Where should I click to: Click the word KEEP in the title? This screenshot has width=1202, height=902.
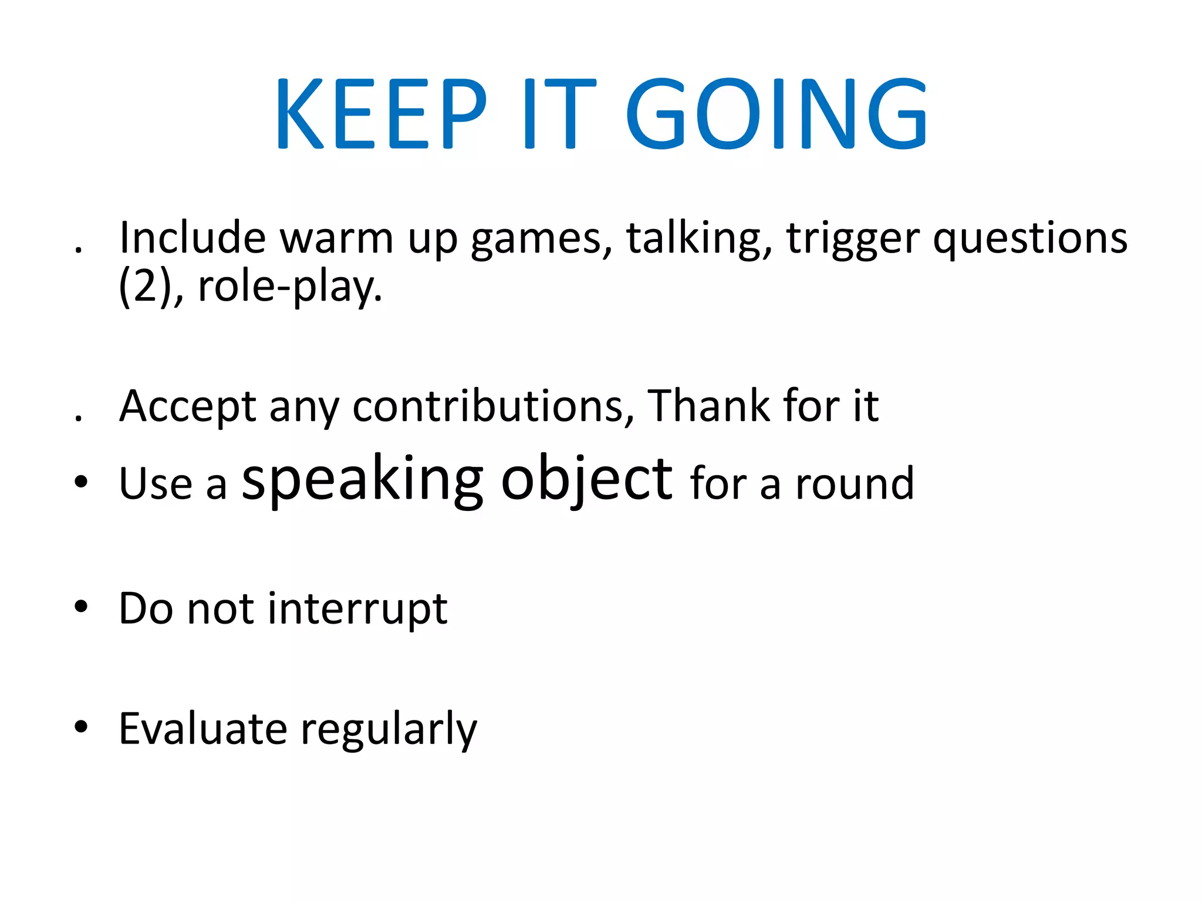[380, 113]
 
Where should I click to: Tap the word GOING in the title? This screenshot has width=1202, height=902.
[776, 113]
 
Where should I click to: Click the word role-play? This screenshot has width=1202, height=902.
[290, 288]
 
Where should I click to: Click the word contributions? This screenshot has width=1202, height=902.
[493, 406]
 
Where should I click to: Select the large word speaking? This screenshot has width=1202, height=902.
[363, 480]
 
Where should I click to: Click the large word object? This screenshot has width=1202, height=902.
[586, 480]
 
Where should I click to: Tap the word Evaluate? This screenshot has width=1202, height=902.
[203, 728]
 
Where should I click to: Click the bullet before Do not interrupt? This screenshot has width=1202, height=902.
[81, 607]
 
